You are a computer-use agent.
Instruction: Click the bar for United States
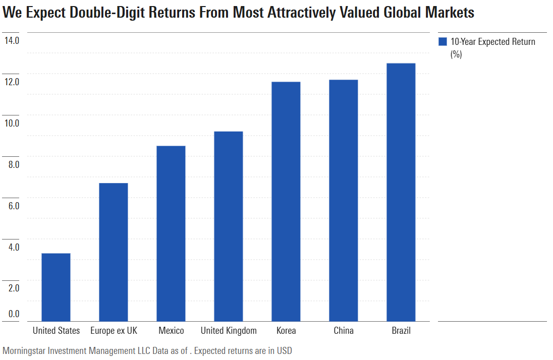pyautogui.click(x=56, y=287)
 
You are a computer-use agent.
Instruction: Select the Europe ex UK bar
pyautogui.click(x=114, y=252)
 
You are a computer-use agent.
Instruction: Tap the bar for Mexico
pyautogui.click(x=171, y=233)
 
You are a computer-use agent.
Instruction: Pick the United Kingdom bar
pyautogui.click(x=229, y=226)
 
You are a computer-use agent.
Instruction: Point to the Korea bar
pyautogui.click(x=286, y=202)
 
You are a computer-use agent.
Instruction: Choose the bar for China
pyautogui.click(x=344, y=201)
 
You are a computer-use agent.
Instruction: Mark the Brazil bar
pyautogui.click(x=401, y=192)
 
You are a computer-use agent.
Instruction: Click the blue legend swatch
pyautogui.click(x=443, y=42)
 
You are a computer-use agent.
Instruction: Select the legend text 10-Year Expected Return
pyautogui.click(x=492, y=42)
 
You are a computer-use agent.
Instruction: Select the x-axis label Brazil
pyautogui.click(x=401, y=331)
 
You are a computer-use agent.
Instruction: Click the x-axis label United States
pyautogui.click(x=56, y=331)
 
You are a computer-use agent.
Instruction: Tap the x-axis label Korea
pyautogui.click(x=286, y=331)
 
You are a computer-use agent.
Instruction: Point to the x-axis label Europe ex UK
pyautogui.click(x=114, y=331)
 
